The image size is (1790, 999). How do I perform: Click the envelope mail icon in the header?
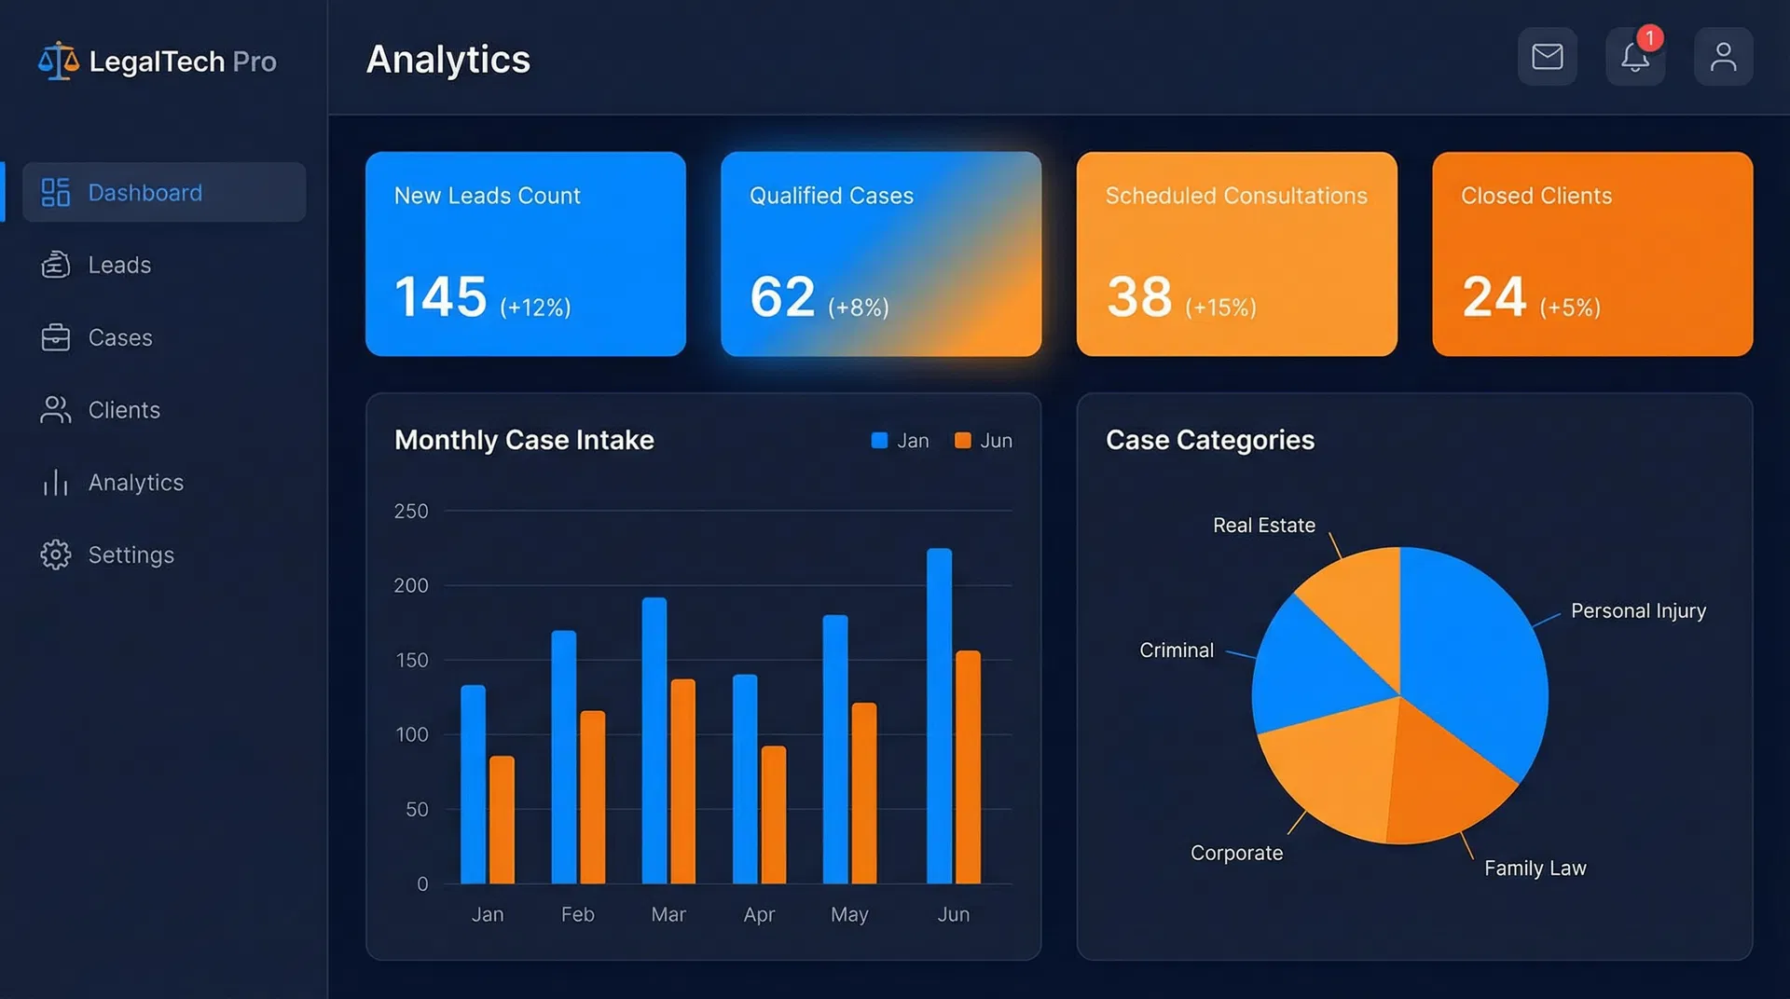pos(1547,57)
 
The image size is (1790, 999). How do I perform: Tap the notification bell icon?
pos(1634,58)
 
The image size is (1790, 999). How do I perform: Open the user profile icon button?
pos(1722,57)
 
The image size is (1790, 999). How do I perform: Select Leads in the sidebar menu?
pos(118,265)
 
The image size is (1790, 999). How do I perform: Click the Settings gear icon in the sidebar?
pos(55,554)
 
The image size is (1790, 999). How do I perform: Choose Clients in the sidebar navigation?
pos(123,410)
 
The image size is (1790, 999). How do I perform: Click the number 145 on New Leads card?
pos(440,297)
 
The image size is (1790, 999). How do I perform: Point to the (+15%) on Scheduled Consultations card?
pos(1219,308)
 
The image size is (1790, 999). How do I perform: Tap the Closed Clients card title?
pos(1535,196)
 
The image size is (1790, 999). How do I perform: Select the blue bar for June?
pos(939,718)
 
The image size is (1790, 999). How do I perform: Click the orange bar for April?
pos(773,815)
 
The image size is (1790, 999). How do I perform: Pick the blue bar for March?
pos(654,741)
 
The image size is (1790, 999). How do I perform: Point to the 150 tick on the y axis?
pos(411,660)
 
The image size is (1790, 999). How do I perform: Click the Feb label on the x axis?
pos(577,914)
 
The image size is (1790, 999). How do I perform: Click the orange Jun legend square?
pos(962,440)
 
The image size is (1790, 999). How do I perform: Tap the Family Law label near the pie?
pos(1535,868)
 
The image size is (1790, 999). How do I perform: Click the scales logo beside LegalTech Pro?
pos(58,62)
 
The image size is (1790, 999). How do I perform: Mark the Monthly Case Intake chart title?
pos(524,440)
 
